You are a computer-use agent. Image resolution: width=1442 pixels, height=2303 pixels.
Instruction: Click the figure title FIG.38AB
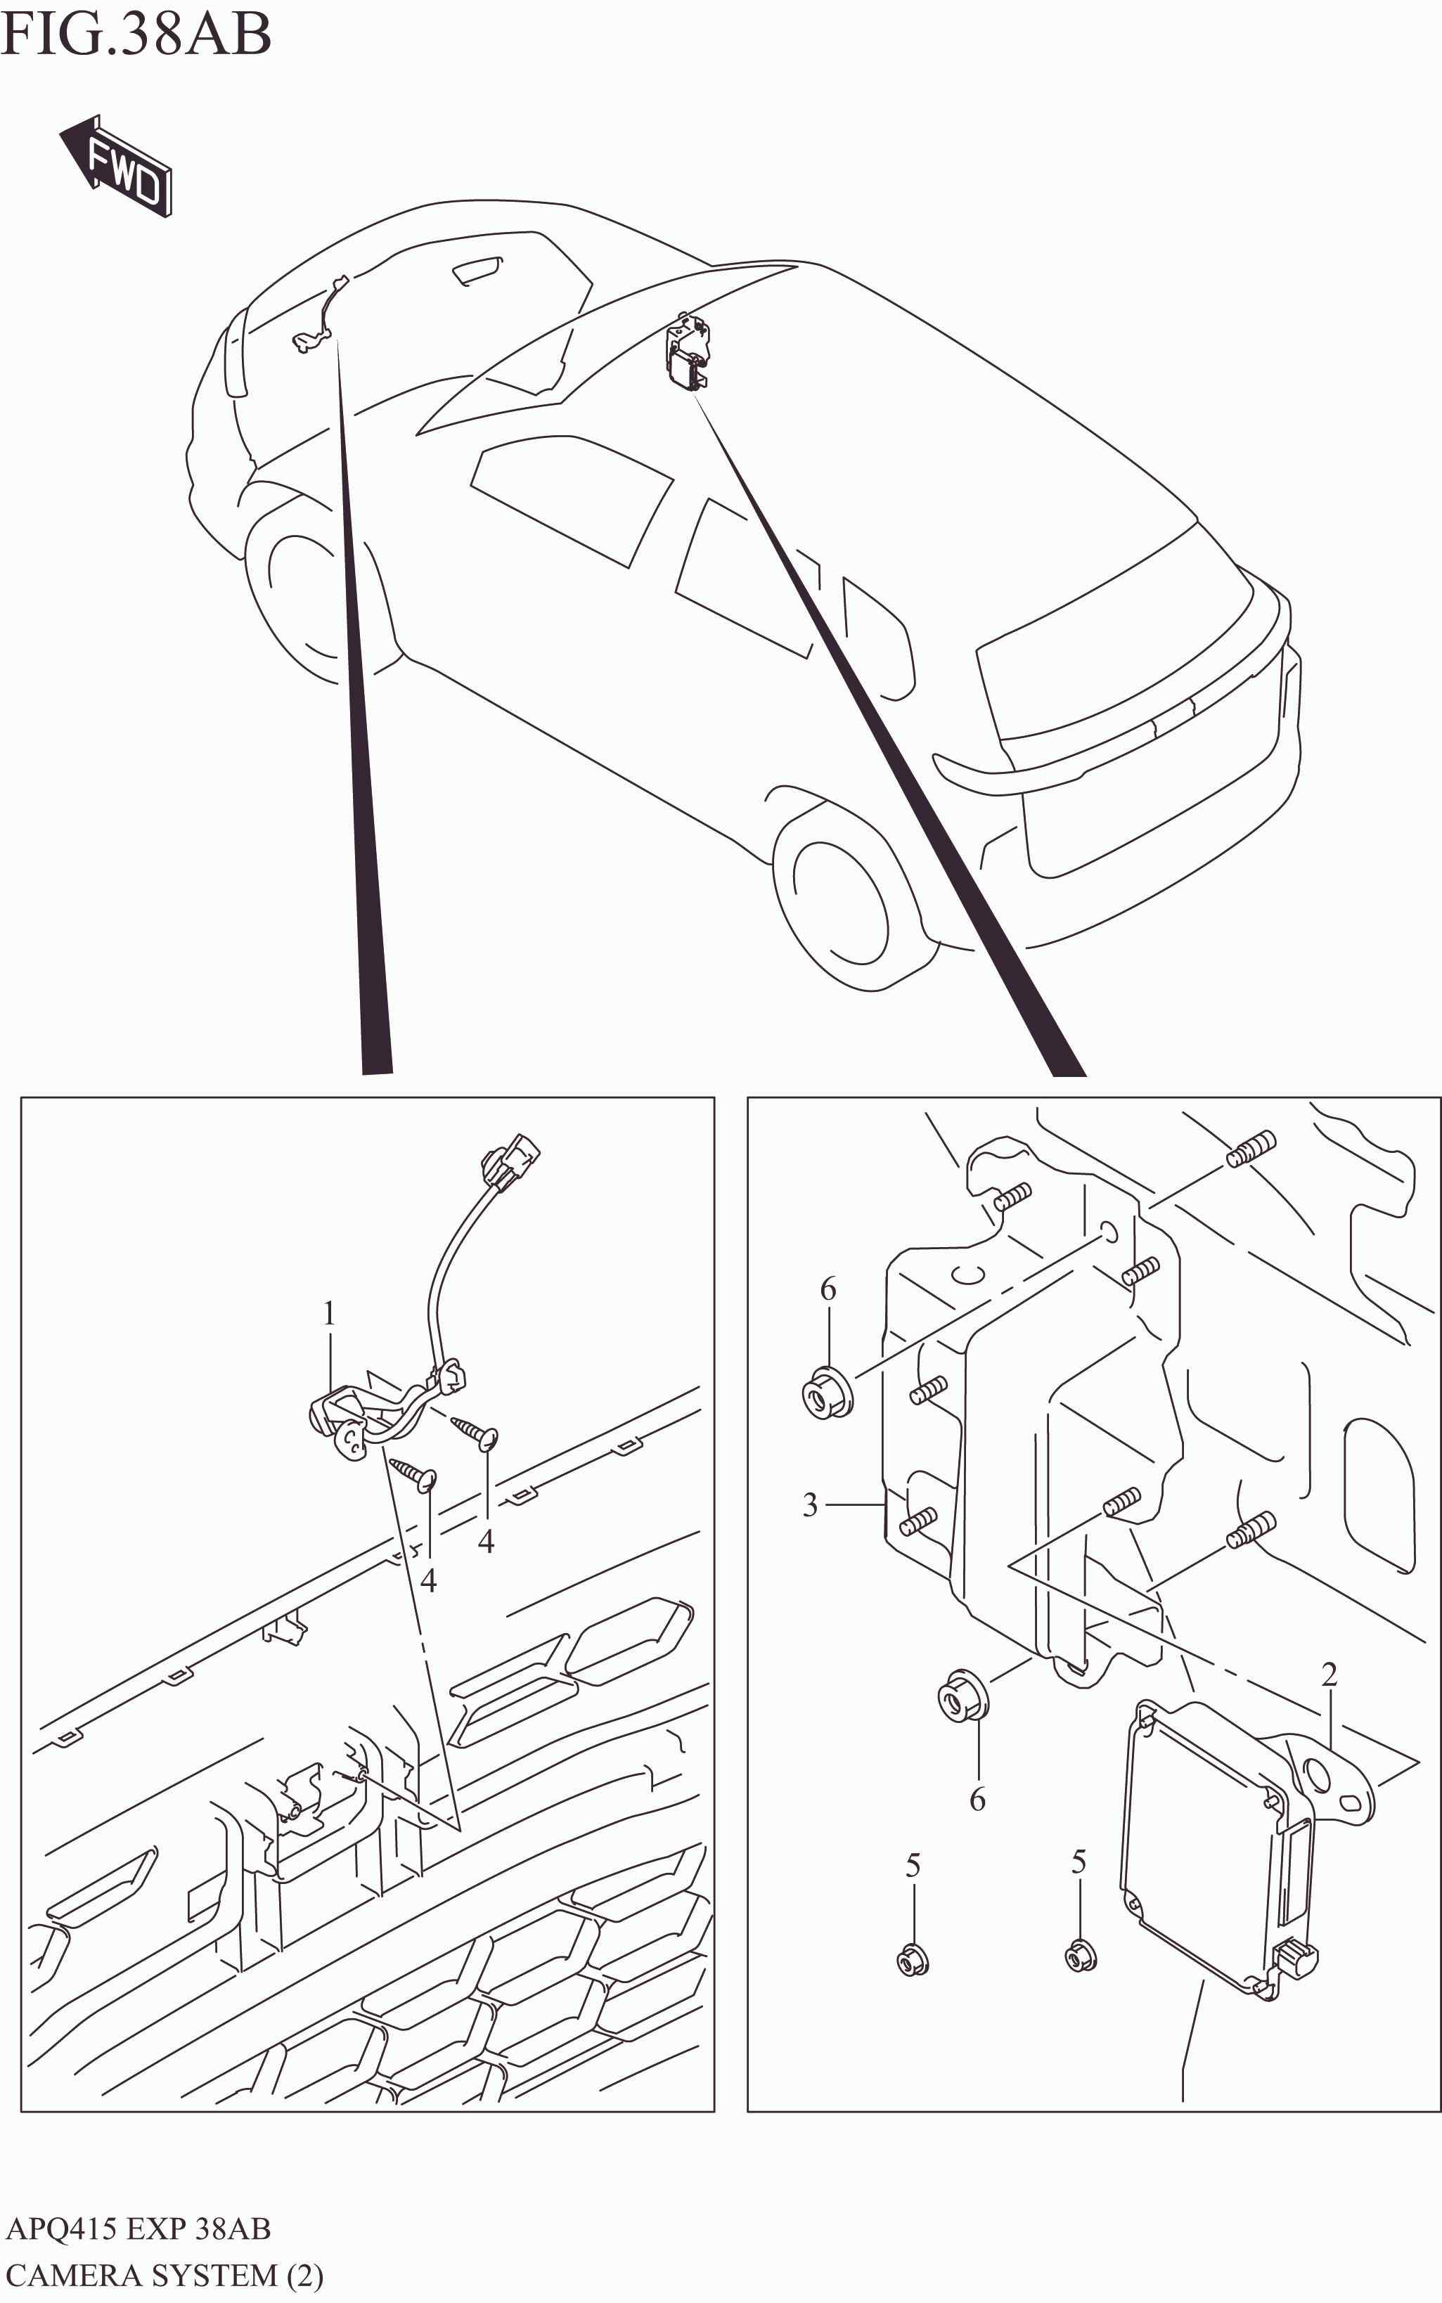coord(136,35)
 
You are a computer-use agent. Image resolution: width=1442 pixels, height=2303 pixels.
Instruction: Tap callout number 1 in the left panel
coord(329,1314)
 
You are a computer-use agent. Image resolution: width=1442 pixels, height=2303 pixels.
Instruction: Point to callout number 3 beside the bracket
coord(810,1505)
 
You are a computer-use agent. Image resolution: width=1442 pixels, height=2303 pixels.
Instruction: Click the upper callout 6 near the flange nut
coord(828,1289)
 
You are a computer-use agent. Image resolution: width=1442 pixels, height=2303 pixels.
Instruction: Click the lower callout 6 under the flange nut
coord(977,1800)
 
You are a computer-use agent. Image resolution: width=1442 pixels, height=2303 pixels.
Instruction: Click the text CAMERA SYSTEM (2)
coord(164,2276)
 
